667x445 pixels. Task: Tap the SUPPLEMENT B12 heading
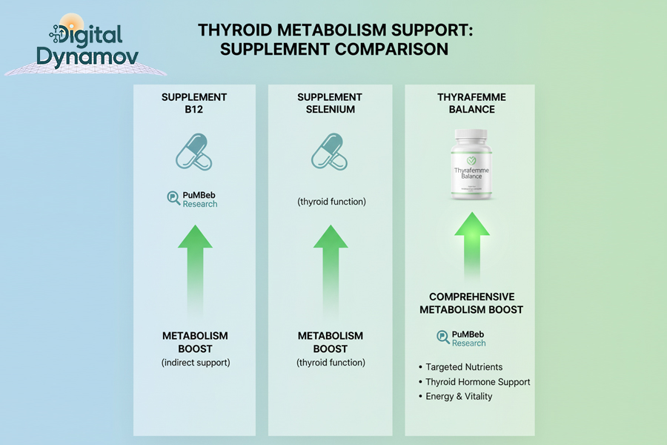click(194, 103)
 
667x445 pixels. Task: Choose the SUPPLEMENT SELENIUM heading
click(330, 103)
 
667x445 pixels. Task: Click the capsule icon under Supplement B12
click(194, 152)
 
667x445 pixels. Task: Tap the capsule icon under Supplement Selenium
click(330, 152)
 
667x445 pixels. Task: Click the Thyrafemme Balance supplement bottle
click(471, 165)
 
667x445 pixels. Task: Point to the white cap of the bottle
click(471, 138)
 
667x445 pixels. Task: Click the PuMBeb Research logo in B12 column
click(193, 199)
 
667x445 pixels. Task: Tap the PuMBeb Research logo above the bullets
click(462, 338)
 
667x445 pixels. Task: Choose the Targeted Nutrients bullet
click(464, 367)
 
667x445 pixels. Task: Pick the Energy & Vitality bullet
click(459, 396)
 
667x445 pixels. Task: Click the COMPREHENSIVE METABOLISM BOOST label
click(471, 303)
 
